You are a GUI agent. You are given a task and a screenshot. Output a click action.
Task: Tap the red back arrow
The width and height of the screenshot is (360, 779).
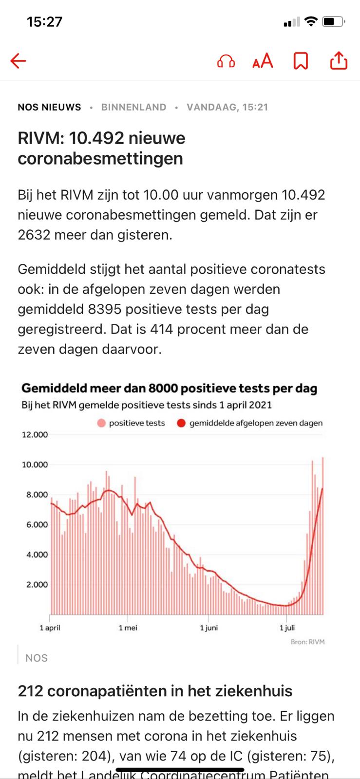coord(18,60)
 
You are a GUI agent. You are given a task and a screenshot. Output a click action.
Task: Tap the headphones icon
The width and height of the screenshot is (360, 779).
coord(226,61)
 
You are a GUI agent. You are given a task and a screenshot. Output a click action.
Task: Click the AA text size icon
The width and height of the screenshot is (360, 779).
coord(263,61)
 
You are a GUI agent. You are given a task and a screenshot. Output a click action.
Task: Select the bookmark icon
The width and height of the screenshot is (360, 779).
coord(301,61)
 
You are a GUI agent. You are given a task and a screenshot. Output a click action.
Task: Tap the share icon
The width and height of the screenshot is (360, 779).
coord(339,60)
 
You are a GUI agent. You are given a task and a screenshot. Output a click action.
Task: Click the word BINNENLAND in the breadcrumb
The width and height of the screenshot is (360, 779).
coord(134,107)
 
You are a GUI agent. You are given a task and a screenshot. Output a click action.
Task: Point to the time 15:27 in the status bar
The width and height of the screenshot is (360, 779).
coord(44,22)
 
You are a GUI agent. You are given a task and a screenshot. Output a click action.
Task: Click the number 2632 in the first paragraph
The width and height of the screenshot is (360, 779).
coord(34,235)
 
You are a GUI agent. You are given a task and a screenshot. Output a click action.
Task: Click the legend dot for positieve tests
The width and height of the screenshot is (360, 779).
coord(101,423)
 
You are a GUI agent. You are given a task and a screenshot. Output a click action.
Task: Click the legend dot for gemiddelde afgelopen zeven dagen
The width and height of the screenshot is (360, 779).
coord(181,423)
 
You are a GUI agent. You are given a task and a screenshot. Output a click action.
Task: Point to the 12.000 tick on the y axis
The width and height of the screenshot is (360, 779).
coord(35,435)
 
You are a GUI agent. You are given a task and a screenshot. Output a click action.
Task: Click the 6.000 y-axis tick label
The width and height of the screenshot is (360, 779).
coord(37,524)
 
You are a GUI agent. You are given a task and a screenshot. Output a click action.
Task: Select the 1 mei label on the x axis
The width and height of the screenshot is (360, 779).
coord(128,628)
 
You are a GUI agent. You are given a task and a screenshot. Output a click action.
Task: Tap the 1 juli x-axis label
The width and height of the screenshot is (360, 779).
coord(287,628)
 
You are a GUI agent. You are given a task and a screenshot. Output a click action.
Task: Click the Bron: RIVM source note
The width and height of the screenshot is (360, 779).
coord(308,642)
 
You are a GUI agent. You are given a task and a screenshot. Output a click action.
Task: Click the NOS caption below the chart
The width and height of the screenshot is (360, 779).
coord(37,658)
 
